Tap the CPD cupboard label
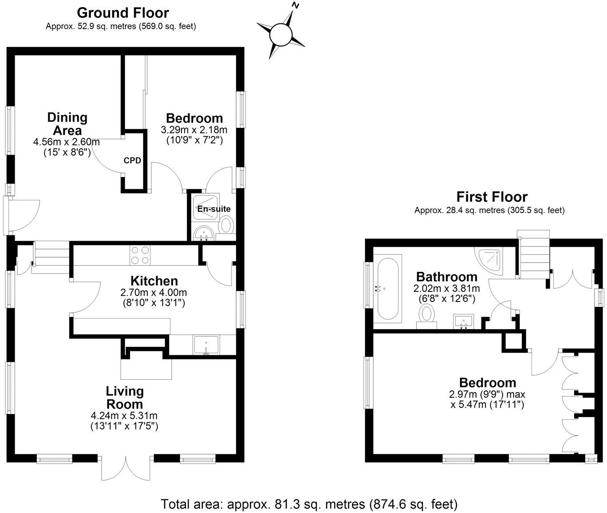pyautogui.click(x=132, y=160)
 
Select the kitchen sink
pyautogui.click(x=206, y=345)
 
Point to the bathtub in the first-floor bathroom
pyautogui.click(x=387, y=289)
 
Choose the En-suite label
pyautogui.click(x=214, y=209)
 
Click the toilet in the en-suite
pyautogui.click(x=227, y=225)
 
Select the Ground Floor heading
pyautogui.click(x=123, y=12)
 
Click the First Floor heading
pyautogui.click(x=492, y=196)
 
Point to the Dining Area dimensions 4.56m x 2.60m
pyautogui.click(x=66, y=142)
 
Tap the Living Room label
pyautogui.click(x=124, y=398)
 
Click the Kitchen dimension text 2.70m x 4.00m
pyautogui.click(x=154, y=293)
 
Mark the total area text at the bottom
pyautogui.click(x=308, y=504)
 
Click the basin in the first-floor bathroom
pyautogui.click(x=464, y=320)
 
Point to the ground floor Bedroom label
pyautogui.click(x=194, y=118)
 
